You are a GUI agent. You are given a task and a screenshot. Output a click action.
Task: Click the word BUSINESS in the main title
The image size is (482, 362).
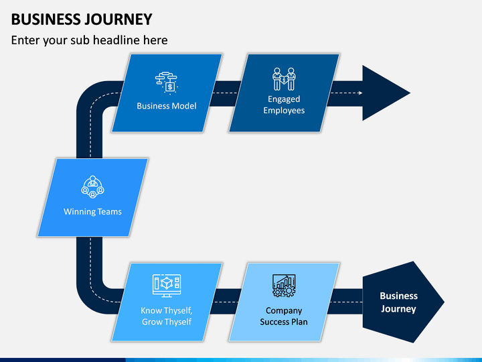[x=46, y=19]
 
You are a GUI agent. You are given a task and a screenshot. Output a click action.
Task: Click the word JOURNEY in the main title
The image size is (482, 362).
[x=118, y=19]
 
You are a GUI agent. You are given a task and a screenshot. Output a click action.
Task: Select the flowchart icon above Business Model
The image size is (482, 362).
[x=166, y=83]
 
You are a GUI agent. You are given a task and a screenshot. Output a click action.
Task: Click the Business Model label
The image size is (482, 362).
[x=167, y=106]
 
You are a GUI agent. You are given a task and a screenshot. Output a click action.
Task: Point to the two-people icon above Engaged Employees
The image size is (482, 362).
[x=284, y=79]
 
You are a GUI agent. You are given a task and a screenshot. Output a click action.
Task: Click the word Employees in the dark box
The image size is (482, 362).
[x=284, y=111]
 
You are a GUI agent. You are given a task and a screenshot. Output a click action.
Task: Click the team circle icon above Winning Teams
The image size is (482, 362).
[x=92, y=187]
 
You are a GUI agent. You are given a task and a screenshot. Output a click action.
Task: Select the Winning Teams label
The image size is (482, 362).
[x=92, y=212]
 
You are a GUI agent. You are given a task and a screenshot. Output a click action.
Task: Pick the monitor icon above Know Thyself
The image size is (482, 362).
[x=167, y=286]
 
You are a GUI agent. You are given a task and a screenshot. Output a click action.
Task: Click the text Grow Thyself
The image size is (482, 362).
[x=167, y=322]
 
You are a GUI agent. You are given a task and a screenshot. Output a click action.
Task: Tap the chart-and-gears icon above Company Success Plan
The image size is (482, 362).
[x=284, y=286]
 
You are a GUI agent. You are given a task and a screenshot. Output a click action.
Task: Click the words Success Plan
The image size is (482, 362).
[x=284, y=322]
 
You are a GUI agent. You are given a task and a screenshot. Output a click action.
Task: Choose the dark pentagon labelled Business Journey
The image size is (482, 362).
[x=400, y=302]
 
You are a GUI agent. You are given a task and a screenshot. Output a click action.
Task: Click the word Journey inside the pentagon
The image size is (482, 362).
[x=398, y=309]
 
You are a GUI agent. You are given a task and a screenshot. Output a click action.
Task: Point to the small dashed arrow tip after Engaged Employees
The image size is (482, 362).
[x=361, y=93]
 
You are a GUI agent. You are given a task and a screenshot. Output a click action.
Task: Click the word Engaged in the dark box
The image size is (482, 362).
[x=284, y=99]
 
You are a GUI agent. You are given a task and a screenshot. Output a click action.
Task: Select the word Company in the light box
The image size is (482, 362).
[x=284, y=310]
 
